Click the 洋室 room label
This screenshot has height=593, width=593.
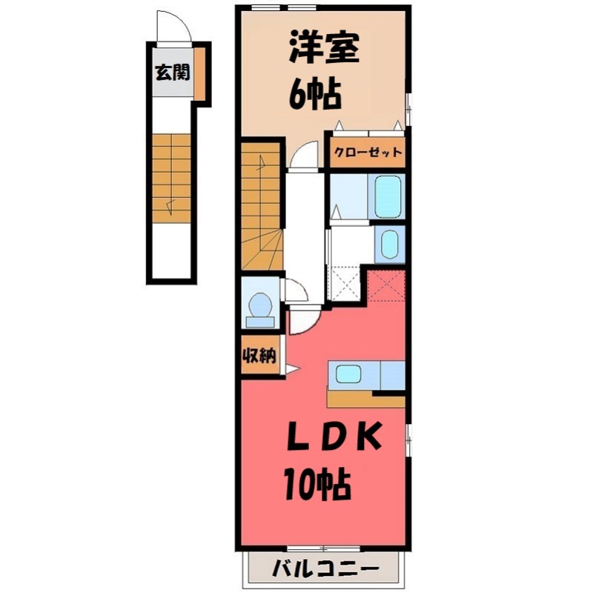323,50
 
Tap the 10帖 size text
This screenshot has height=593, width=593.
317,485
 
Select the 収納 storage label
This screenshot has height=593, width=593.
259,356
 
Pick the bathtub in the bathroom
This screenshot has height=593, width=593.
388,196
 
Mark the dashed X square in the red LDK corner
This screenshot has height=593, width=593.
387,285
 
